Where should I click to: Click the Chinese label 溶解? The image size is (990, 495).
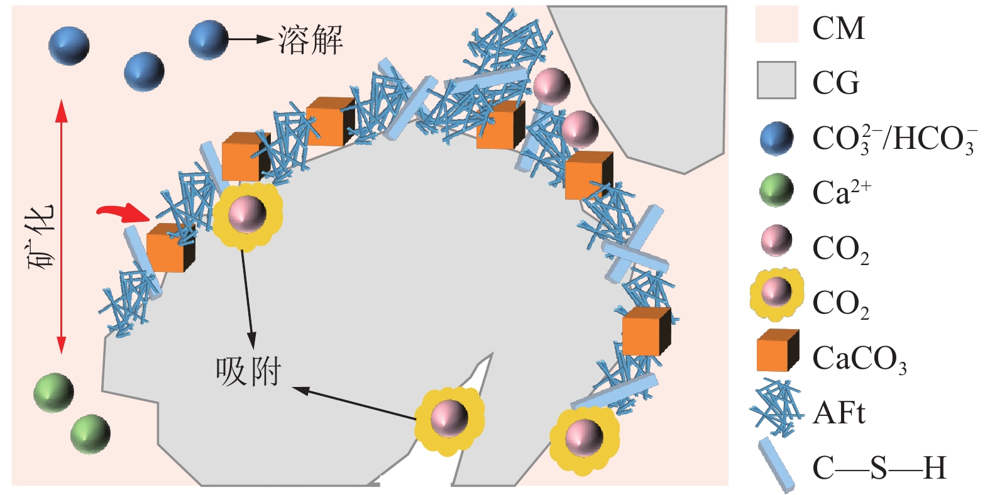pyautogui.click(x=311, y=40)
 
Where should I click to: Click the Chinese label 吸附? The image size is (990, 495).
pyautogui.click(x=248, y=372)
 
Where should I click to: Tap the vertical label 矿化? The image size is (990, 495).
pyautogui.click(x=41, y=236)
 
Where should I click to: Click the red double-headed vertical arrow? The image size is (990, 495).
pyautogui.click(x=61, y=226)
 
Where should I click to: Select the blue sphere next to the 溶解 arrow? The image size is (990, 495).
pyautogui.click(x=208, y=40)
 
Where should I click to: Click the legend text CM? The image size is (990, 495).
pyautogui.click(x=839, y=28)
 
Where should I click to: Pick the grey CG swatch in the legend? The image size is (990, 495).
pyautogui.click(x=776, y=80)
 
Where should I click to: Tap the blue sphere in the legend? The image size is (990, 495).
pyautogui.click(x=776, y=138)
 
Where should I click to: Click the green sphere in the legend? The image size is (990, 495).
pyautogui.click(x=776, y=190)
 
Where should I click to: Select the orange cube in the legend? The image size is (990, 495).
pyautogui.click(x=778, y=351)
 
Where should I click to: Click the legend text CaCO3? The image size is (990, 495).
pyautogui.click(x=859, y=359)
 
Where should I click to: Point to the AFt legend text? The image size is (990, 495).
pyautogui.click(x=839, y=413)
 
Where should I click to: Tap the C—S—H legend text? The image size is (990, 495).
pyautogui.click(x=879, y=468)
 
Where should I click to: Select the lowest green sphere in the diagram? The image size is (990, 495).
pyautogui.click(x=91, y=433)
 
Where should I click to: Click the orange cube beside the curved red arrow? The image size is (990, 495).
pyautogui.click(x=170, y=248)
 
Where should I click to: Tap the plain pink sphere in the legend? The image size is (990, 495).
pyautogui.click(x=776, y=241)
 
